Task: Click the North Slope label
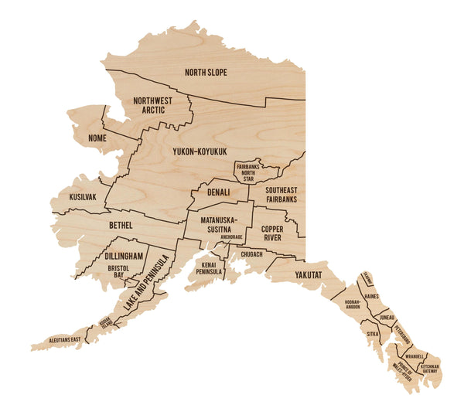point(206,73)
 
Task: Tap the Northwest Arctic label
point(152,105)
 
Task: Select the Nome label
point(97,138)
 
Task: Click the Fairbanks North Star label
point(246,172)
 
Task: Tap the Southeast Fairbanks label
point(281,195)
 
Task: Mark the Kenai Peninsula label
point(209,268)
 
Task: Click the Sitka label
point(373,334)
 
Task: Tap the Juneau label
point(388,318)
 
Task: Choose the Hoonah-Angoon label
point(352,303)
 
